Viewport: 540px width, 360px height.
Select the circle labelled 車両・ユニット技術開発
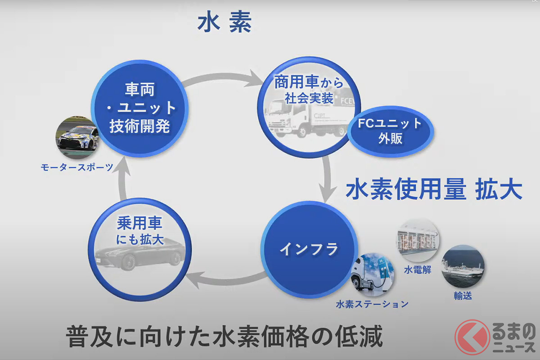[x=139, y=108]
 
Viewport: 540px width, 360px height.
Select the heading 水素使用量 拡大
[x=433, y=190]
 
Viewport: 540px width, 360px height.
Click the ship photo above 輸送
[x=463, y=266]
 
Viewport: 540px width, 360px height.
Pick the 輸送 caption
[x=463, y=296]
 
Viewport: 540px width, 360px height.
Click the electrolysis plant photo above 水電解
[x=418, y=240]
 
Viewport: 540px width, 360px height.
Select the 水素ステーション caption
[x=372, y=304]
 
